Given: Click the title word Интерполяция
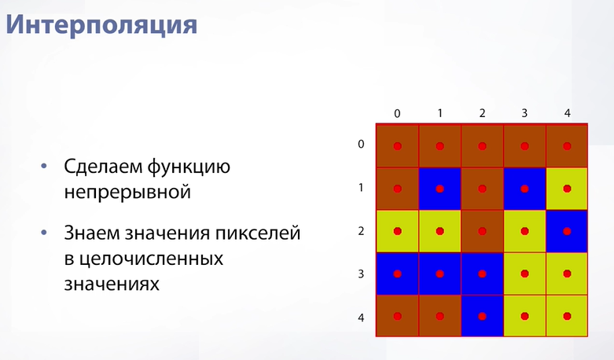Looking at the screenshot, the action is tap(101, 25).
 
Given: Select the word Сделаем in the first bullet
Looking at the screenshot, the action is tap(102, 167).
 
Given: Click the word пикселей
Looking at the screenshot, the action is tap(258, 233).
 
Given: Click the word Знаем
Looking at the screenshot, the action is tap(93, 233).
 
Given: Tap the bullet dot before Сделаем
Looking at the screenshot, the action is tap(44, 167).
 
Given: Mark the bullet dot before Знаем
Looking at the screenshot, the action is tap(44, 233).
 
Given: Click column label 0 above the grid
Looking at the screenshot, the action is tap(397, 114).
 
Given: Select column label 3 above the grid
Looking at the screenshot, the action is tap(524, 113).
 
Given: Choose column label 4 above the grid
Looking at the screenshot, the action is tap(568, 113).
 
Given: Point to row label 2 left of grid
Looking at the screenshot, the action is tap(361, 231).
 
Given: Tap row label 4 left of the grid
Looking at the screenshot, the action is tap(361, 318).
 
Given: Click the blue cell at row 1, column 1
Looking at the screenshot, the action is tap(439, 189).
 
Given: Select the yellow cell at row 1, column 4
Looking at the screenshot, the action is tap(567, 189).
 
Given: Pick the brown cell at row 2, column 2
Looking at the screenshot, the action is tap(482, 231).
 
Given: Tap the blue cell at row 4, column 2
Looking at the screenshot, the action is tap(482, 316).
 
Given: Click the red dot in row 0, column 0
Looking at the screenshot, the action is tap(398, 146).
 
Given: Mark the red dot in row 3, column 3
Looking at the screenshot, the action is tap(524, 274).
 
